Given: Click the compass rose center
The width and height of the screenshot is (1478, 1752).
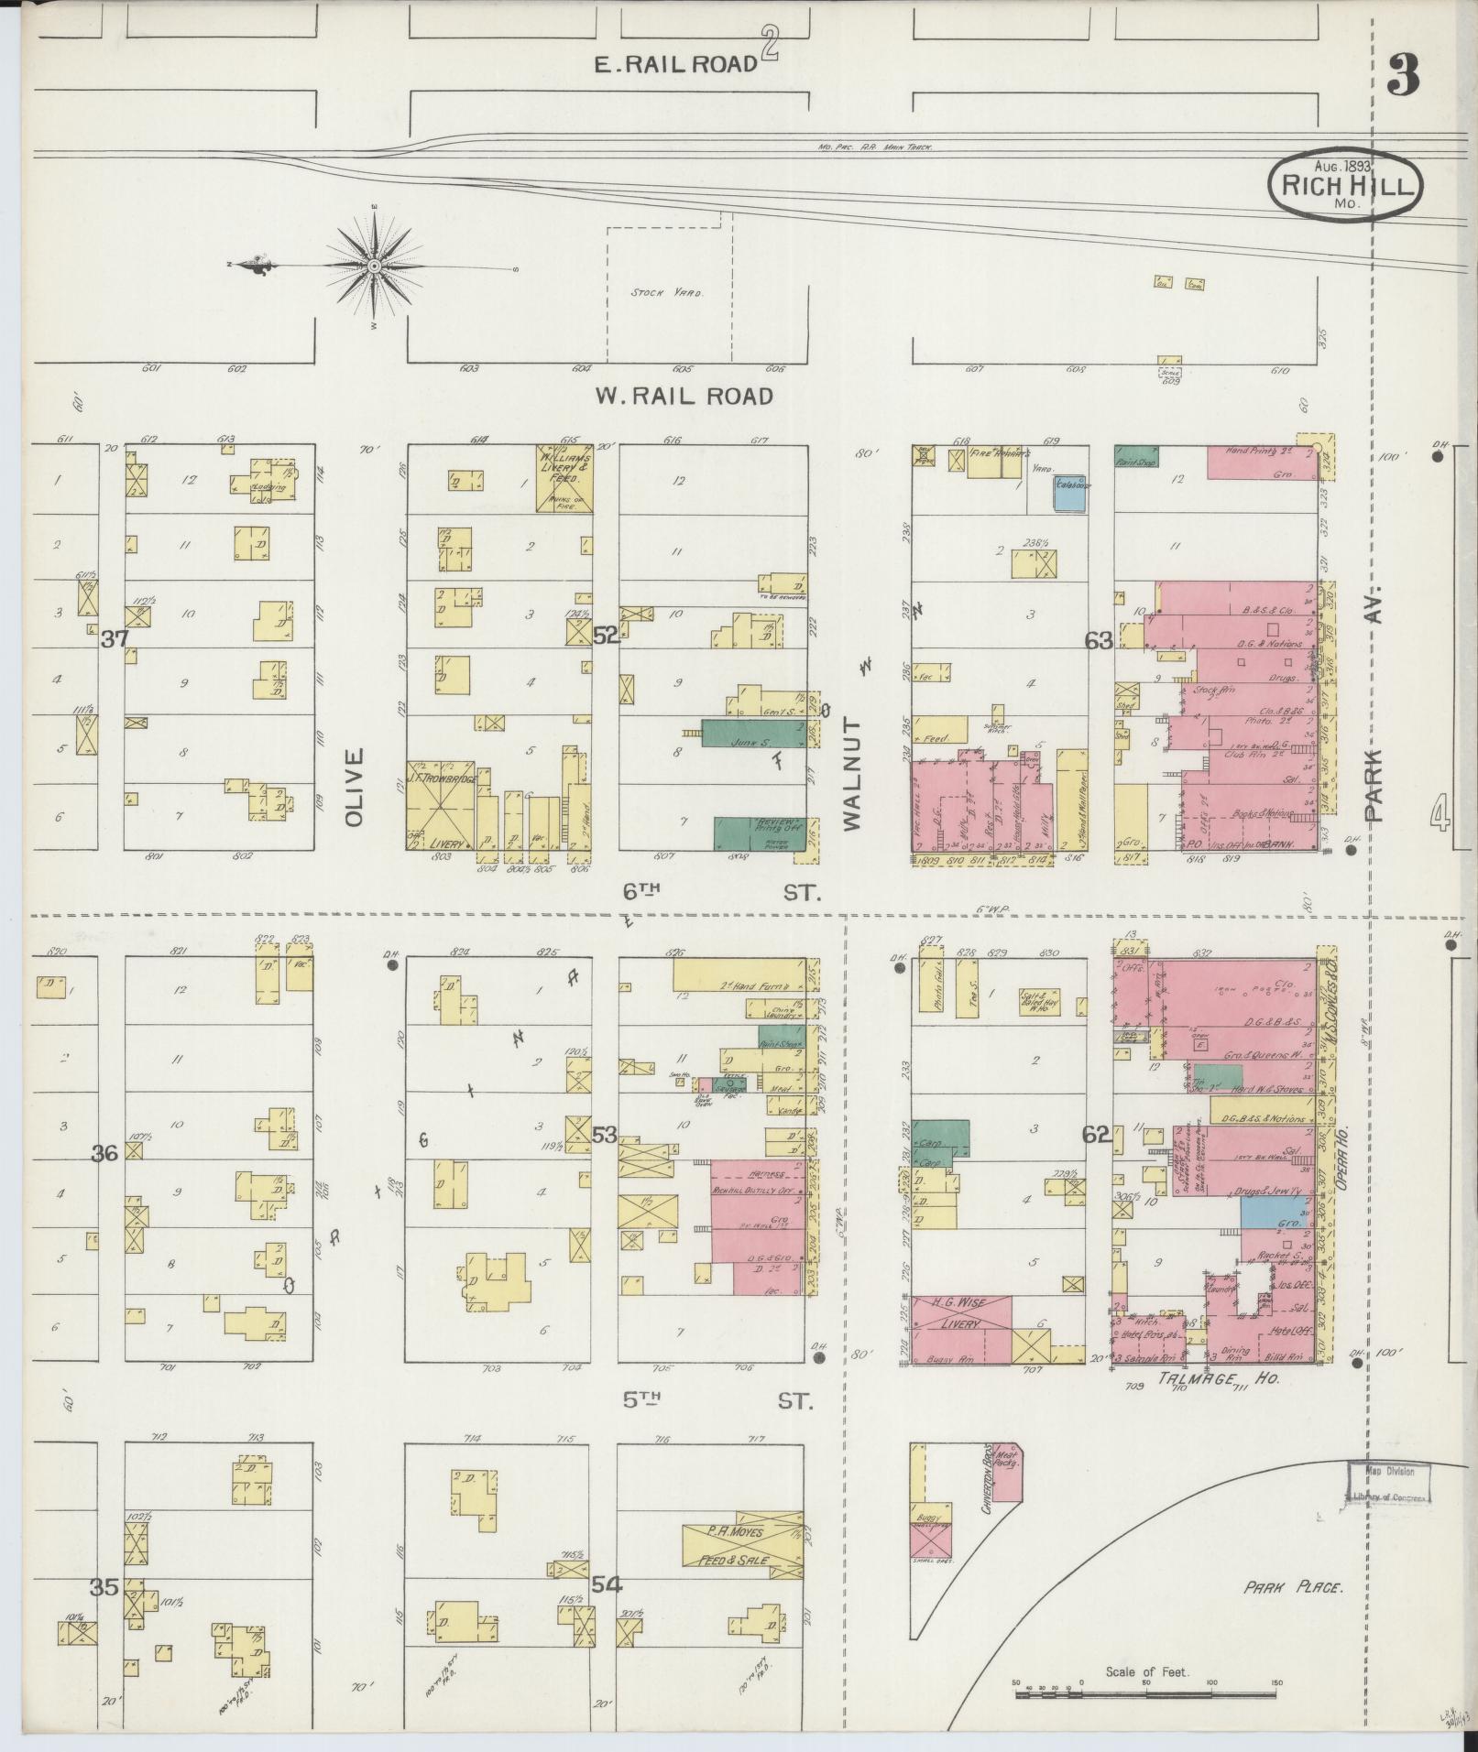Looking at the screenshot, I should coord(375,266).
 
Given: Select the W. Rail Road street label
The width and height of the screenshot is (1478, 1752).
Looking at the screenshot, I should coord(684,396).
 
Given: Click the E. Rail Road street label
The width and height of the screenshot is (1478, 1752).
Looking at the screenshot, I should coord(675,63).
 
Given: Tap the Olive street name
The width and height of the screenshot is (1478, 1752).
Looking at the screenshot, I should coord(355,788).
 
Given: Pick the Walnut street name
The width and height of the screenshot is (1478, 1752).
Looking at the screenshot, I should coord(853,775).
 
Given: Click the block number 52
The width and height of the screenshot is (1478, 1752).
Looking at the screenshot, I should coord(605,635).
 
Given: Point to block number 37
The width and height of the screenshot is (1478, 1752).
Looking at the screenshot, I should coord(115,639).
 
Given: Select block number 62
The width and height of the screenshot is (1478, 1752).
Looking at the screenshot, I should coord(1096,1135).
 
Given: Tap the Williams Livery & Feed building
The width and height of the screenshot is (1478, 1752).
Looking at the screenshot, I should coord(564,478).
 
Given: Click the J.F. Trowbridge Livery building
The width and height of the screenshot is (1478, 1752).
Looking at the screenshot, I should coord(441,804).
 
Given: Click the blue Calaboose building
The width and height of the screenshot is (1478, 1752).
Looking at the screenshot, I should coord(1070,494).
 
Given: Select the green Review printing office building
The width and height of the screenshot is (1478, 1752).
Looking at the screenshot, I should coord(760,833).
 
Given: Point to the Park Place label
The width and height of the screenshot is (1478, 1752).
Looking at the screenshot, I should coord(1293,1587).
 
